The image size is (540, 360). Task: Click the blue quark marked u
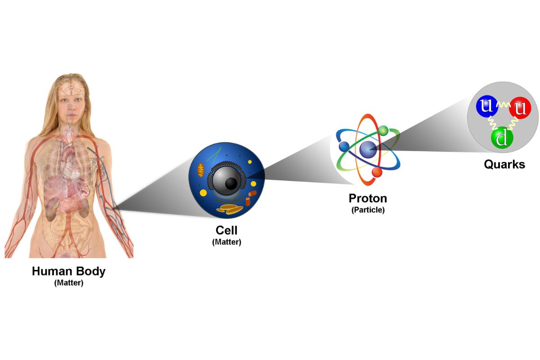(486, 107)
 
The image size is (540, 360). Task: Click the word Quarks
(504, 165)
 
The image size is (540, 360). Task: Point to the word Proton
(368, 198)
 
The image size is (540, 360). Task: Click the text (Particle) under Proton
(368, 210)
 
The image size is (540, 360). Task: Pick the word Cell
(226, 231)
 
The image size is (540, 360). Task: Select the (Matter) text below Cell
(226, 242)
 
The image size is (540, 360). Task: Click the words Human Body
(69, 272)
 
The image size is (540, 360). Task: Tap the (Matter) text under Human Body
(69, 283)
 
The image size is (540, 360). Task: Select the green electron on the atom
(383, 130)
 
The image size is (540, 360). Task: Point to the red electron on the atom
(377, 172)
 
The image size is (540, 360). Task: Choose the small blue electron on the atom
(344, 146)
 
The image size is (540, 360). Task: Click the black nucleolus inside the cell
(231, 183)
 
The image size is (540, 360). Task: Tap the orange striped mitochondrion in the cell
(199, 170)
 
